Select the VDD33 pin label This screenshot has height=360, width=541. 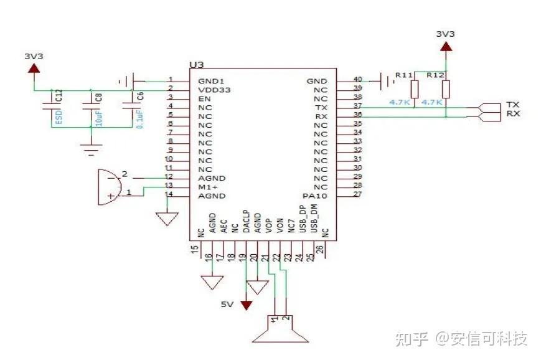tap(214, 89)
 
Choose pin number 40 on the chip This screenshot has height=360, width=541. tap(357, 79)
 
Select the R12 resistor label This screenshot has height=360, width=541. tap(436, 75)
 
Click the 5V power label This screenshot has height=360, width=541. tap(228, 305)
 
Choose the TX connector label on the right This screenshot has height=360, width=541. tap(512, 104)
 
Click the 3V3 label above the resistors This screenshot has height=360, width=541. tap(445, 34)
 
